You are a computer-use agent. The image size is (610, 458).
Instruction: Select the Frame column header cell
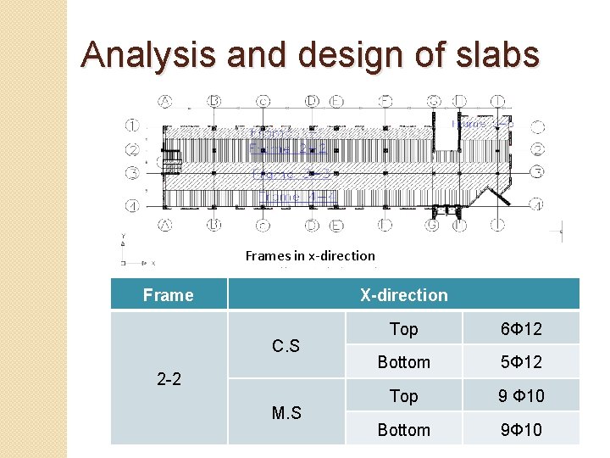coord(169,295)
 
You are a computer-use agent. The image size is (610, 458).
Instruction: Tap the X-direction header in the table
coord(403,295)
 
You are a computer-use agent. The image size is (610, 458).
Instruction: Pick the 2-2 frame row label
coord(169,378)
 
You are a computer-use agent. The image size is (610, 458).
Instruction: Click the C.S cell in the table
coord(286,345)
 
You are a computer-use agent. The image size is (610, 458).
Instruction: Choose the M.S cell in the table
coord(286,413)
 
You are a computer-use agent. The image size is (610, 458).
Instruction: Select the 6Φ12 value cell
coord(521,328)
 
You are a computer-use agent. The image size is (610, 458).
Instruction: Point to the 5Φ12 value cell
coord(521,362)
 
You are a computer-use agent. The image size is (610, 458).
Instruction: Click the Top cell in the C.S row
coord(403,328)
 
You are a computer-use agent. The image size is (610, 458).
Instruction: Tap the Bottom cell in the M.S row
coord(403,430)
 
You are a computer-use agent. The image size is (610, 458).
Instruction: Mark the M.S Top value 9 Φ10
coord(521,396)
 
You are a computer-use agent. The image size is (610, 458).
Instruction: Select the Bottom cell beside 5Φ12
coord(403,362)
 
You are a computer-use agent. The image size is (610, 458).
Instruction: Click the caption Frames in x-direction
coord(310,255)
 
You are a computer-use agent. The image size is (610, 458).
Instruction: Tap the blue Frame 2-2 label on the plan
coord(288,149)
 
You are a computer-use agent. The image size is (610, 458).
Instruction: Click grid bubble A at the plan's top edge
coord(164,101)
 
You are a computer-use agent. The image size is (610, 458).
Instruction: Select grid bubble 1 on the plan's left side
coord(133,126)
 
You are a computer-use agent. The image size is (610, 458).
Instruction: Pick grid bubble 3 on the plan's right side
coord(537,173)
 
